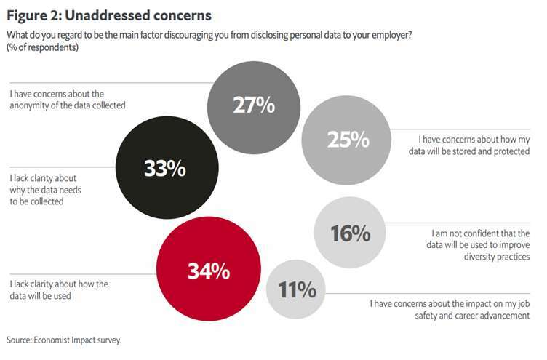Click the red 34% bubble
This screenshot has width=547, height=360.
pyautogui.click(x=209, y=271)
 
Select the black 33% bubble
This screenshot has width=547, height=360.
pyautogui.click(x=166, y=169)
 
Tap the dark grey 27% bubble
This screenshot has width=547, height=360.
pyautogui.click(x=253, y=105)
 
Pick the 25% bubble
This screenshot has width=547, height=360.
pyautogui.click(x=348, y=139)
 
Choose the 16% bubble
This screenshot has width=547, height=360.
pyautogui.click(x=350, y=233)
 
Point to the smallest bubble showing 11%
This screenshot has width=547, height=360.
pyautogui.click(x=297, y=290)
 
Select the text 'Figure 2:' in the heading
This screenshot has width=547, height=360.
pyautogui.click(x=33, y=15)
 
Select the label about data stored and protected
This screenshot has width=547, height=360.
pyautogui.click(x=474, y=145)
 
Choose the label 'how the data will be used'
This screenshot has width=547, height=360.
pyautogui.click(x=59, y=289)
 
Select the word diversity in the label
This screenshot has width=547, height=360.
pyautogui.click(x=477, y=256)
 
